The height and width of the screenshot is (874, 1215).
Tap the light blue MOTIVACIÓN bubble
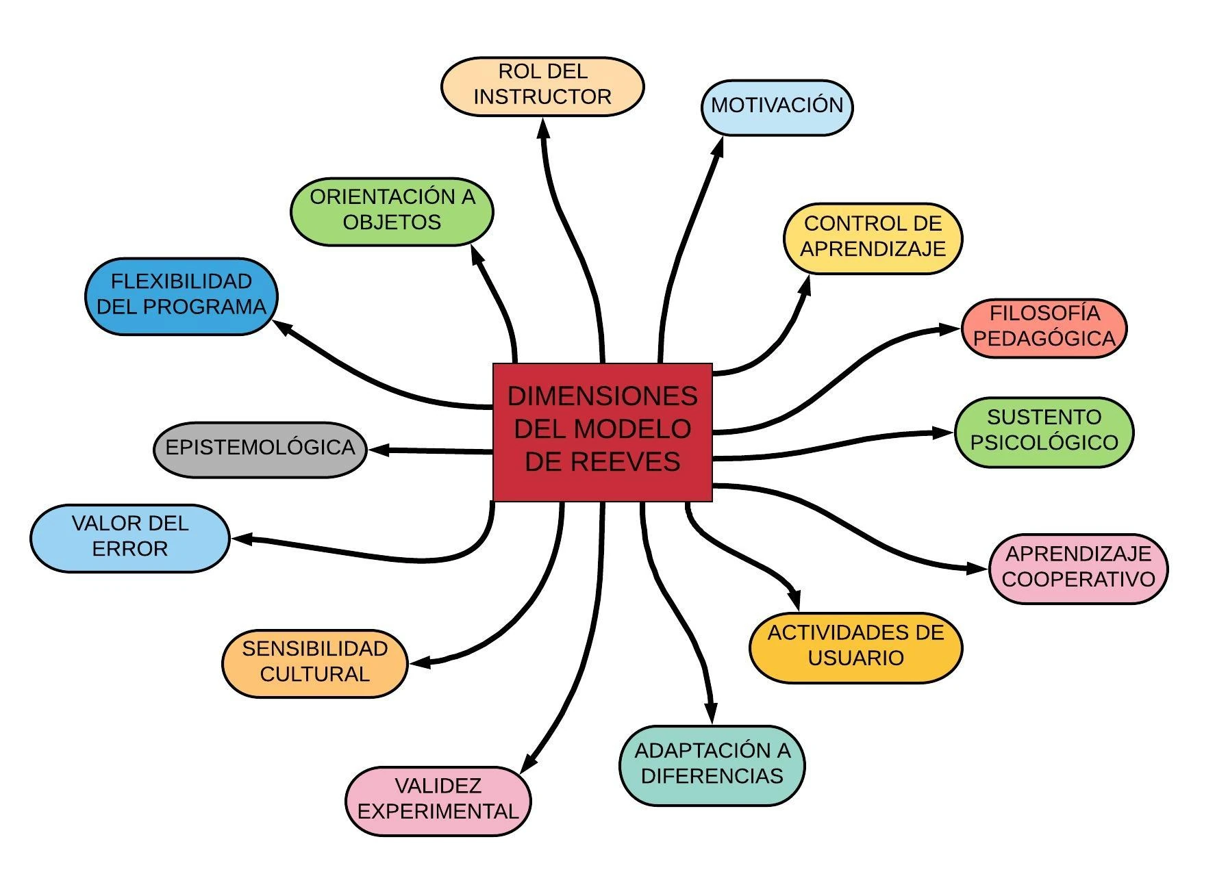click(x=777, y=106)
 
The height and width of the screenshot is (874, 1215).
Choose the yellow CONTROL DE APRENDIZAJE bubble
click(x=873, y=237)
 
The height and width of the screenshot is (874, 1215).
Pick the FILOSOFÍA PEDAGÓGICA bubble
click(x=1044, y=326)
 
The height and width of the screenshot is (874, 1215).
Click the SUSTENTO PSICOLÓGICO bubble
click(x=1044, y=430)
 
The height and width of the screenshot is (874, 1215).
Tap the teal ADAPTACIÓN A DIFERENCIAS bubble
click(x=712, y=764)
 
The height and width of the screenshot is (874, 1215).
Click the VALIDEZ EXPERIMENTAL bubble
click(x=438, y=799)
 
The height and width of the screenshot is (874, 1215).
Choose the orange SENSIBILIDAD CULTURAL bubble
click(x=314, y=662)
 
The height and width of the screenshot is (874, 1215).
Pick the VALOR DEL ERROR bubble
click(x=129, y=537)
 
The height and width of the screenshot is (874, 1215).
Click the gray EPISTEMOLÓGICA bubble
click(x=260, y=448)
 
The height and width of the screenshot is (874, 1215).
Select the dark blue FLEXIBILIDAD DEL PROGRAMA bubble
click(x=181, y=295)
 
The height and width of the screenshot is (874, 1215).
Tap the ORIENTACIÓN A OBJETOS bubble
click(x=392, y=210)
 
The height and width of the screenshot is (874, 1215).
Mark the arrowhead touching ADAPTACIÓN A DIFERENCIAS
click(x=711, y=712)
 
